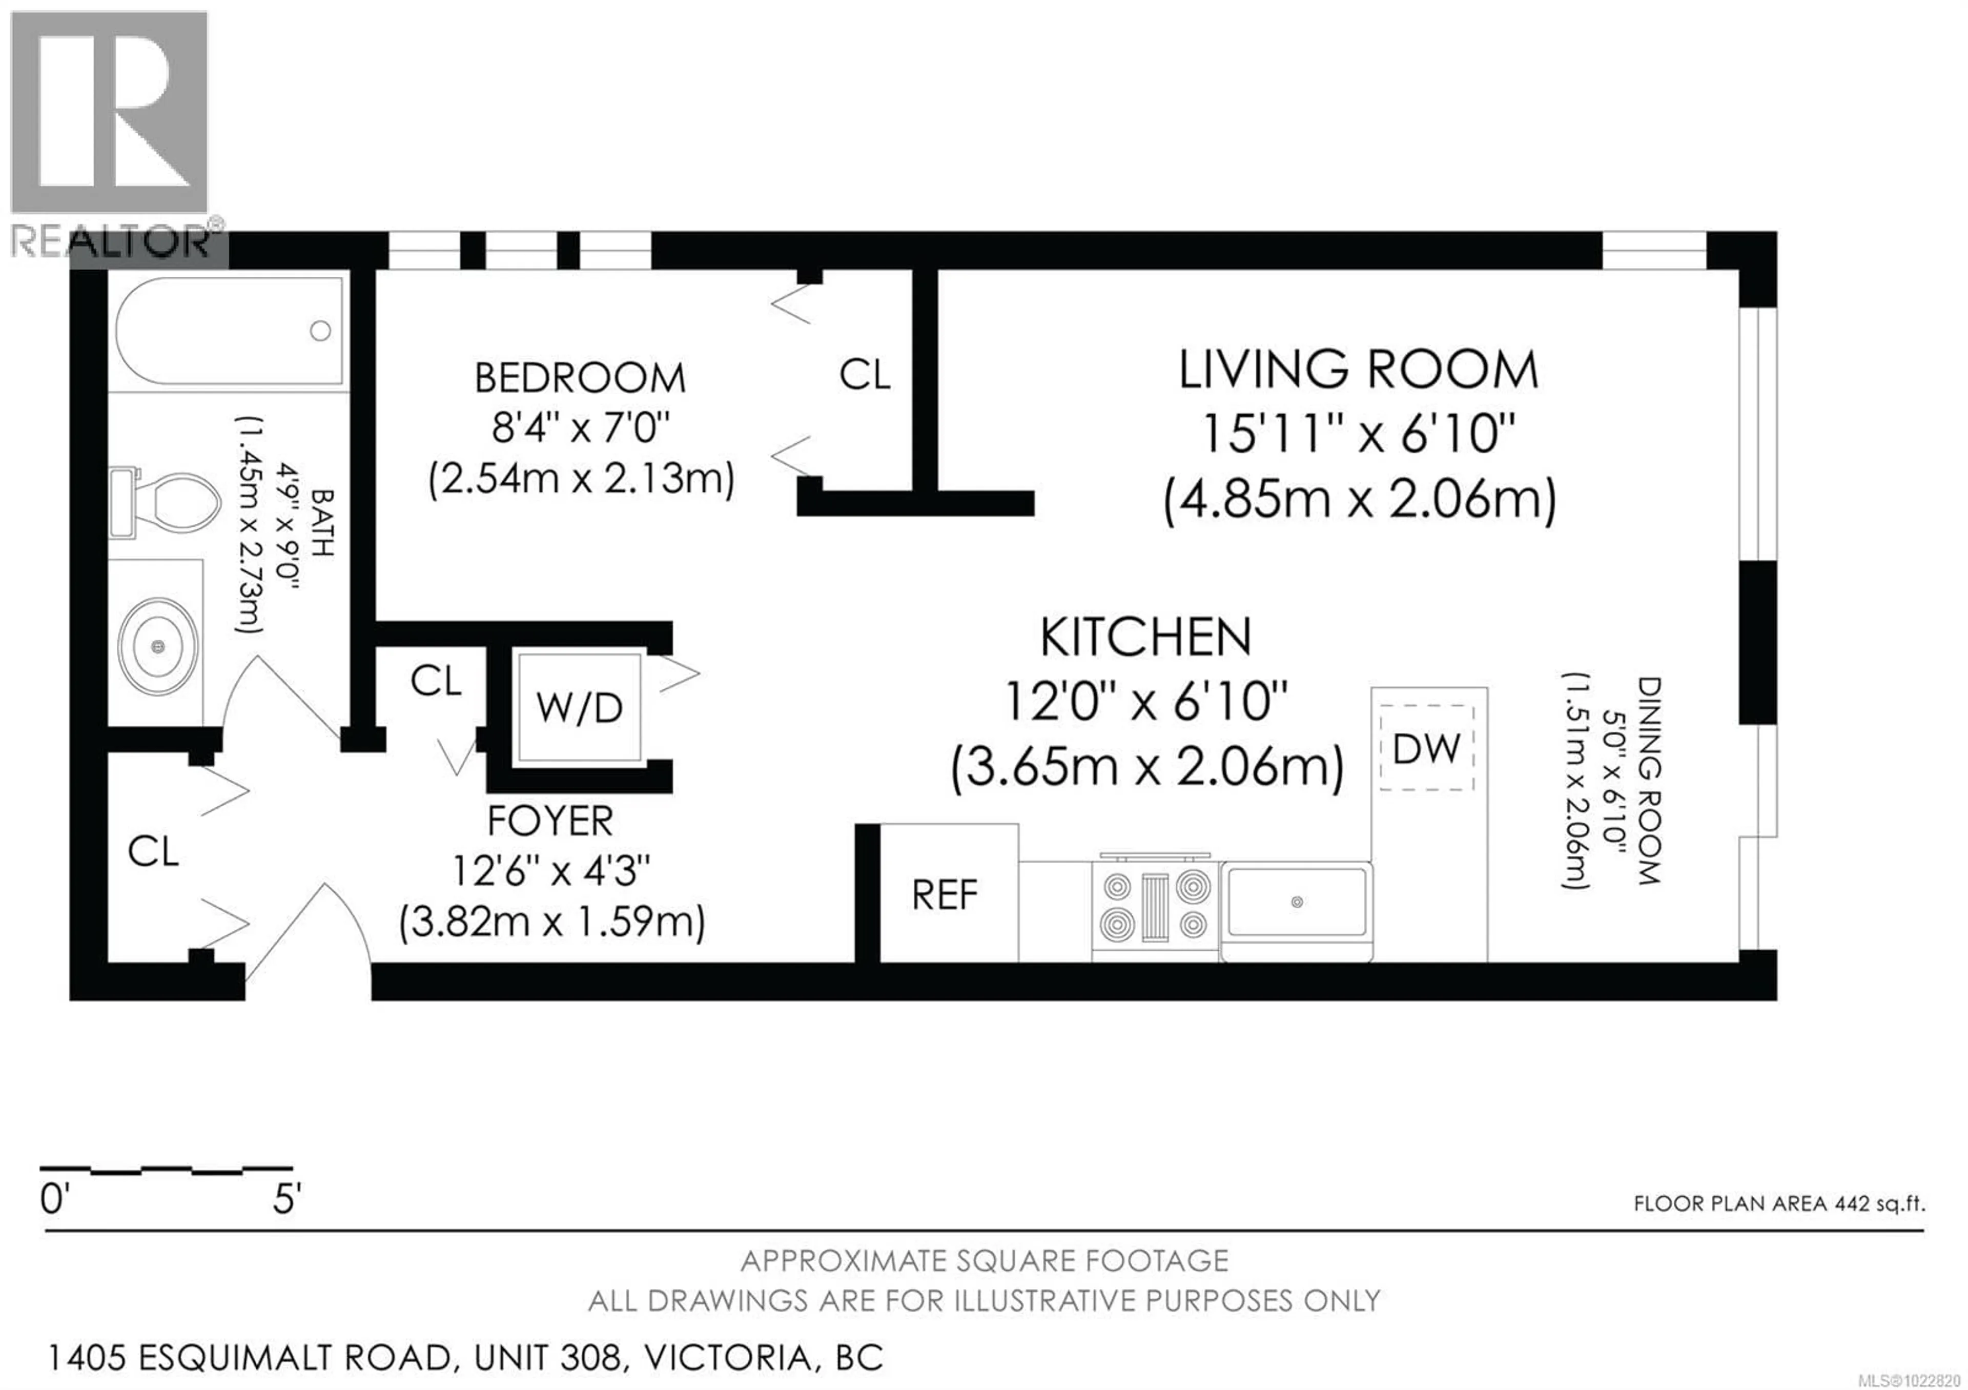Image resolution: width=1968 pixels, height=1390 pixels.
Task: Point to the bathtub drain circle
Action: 321,331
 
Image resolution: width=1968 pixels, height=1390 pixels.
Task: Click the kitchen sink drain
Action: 1297,902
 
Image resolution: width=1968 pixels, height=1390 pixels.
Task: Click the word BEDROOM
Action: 580,379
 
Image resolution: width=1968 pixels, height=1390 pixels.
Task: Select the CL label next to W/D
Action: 436,681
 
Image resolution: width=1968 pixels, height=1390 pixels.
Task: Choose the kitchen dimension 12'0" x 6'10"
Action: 1146,702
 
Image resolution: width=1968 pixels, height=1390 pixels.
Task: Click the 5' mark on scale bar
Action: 286,1200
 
